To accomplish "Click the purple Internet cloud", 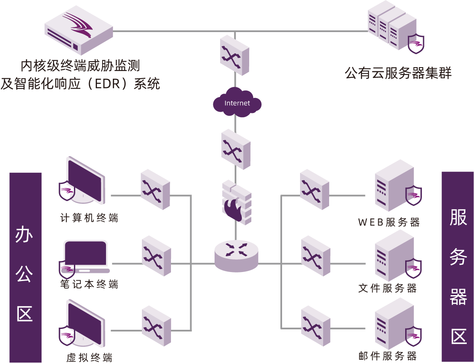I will pyautogui.click(x=237, y=103).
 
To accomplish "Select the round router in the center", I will pyautogui.click(x=236, y=255).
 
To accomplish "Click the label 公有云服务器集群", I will pyautogui.click(x=398, y=73).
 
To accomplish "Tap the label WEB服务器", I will pyautogui.click(x=389, y=222).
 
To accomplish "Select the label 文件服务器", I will pyautogui.click(x=387, y=288).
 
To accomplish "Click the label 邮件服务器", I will pyautogui.click(x=387, y=356).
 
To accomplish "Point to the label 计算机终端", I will pyautogui.click(x=89, y=218).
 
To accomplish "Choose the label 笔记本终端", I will pyautogui.click(x=89, y=284).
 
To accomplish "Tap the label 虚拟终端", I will pyautogui.click(x=89, y=358).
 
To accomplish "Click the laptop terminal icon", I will pyautogui.click(x=85, y=257).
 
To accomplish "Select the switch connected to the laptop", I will pyautogui.click(x=156, y=256).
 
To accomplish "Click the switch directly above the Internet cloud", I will pyautogui.click(x=235, y=55).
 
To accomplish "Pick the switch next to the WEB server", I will pyautogui.click(x=315, y=189).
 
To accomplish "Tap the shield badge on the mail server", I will pyautogui.click(x=413, y=336).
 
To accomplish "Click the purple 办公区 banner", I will pyautogui.click(x=25, y=267).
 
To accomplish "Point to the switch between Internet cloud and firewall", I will pyautogui.click(x=236, y=149).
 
